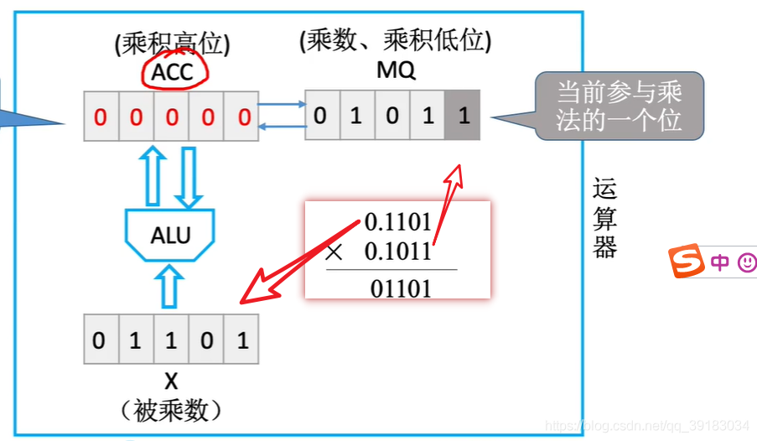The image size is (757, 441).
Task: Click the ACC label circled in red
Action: tap(173, 72)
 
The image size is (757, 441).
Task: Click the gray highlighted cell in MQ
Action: tap(464, 115)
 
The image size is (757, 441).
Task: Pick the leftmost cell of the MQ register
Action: tap(320, 115)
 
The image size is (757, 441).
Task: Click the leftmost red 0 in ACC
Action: tap(101, 117)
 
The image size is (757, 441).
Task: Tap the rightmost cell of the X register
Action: tap(242, 340)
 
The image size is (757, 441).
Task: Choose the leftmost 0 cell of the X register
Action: tap(100, 340)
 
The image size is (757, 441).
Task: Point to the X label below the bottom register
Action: tap(170, 381)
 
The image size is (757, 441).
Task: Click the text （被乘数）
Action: tap(170, 411)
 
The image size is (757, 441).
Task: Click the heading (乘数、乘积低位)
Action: tap(396, 41)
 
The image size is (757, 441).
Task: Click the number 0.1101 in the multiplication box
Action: tap(398, 223)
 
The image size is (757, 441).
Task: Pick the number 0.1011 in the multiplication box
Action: tap(398, 251)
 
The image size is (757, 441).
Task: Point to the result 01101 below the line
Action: tap(402, 289)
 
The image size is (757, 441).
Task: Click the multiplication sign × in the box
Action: tap(334, 252)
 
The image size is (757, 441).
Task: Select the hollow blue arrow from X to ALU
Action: tap(170, 286)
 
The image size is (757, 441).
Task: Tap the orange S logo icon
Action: tap(687, 262)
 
